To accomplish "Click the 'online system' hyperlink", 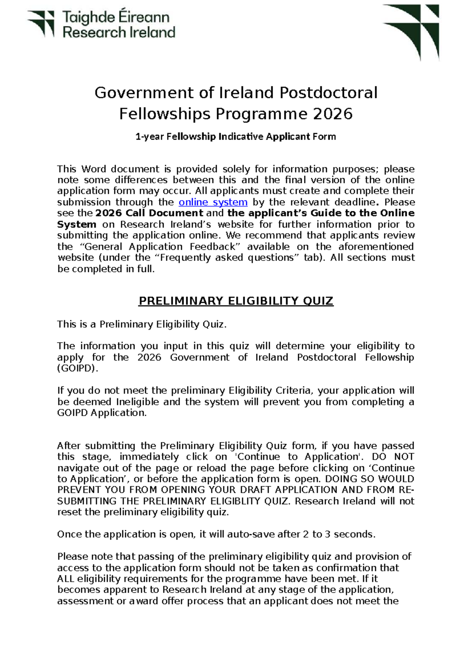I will [x=213, y=202].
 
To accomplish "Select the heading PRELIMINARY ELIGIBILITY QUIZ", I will [x=236, y=301].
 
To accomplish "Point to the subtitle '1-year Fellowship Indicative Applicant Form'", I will [x=236, y=137].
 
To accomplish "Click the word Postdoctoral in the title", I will [x=328, y=93].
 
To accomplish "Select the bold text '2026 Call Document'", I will [x=149, y=213].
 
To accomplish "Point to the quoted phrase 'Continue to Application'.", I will [x=298, y=457].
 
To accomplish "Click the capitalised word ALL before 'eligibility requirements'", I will [x=66, y=579].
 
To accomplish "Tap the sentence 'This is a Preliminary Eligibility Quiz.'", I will [x=142, y=324].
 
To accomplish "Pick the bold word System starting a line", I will [x=76, y=225].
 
